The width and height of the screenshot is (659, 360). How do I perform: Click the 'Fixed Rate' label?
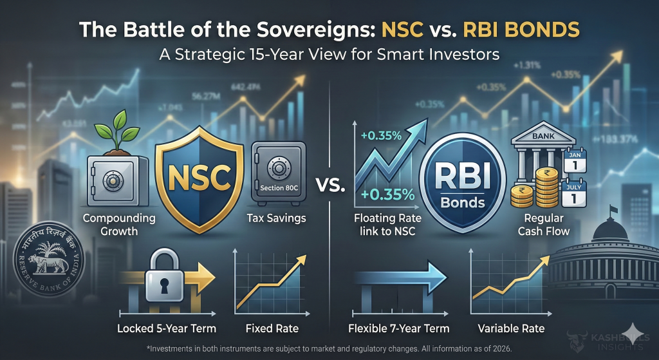(x=272, y=328)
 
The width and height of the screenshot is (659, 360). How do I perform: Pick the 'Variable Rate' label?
(x=511, y=328)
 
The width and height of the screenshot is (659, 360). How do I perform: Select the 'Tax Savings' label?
(x=277, y=218)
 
